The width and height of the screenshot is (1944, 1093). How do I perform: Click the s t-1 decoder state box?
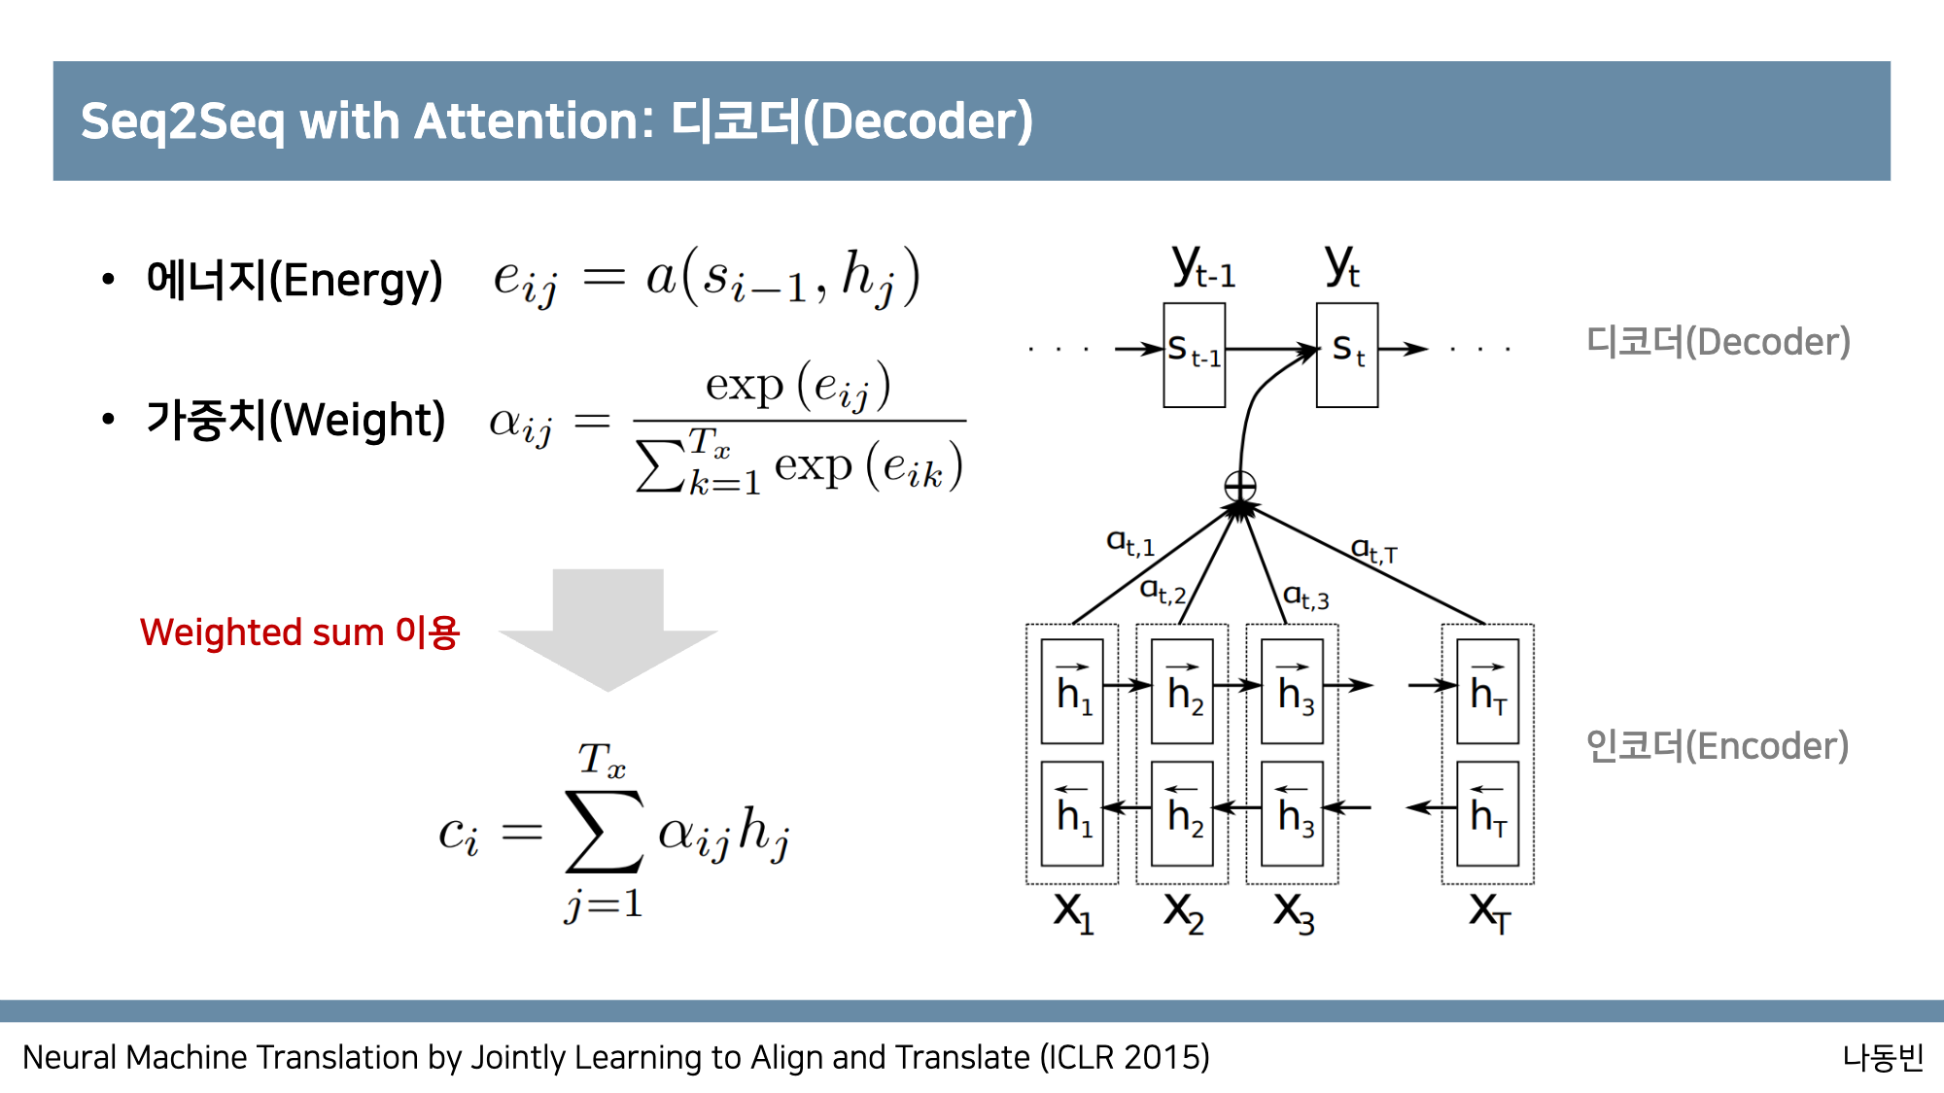[1194, 355]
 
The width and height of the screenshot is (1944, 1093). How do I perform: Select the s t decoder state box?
[1346, 355]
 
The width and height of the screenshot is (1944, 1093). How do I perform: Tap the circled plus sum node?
[1240, 486]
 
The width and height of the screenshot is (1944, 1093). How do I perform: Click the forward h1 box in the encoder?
[1072, 692]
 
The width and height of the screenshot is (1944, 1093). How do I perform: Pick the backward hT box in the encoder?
[1487, 814]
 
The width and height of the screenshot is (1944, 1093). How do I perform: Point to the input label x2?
[1184, 913]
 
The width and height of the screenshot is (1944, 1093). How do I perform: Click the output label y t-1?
[1202, 266]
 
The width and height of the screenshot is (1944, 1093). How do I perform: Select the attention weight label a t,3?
[1305, 597]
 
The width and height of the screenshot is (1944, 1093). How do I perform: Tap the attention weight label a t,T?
[1374, 551]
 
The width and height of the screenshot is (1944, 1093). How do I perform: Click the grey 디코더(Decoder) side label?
[1718, 342]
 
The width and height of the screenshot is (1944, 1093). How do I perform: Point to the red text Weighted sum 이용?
[299, 632]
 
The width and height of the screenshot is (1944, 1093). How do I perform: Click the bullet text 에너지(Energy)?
[294, 280]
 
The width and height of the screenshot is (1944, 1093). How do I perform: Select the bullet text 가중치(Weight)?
[295, 420]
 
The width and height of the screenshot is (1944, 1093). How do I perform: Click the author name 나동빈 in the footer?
[1883, 1057]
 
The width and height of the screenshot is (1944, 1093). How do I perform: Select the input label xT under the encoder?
[1489, 913]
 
